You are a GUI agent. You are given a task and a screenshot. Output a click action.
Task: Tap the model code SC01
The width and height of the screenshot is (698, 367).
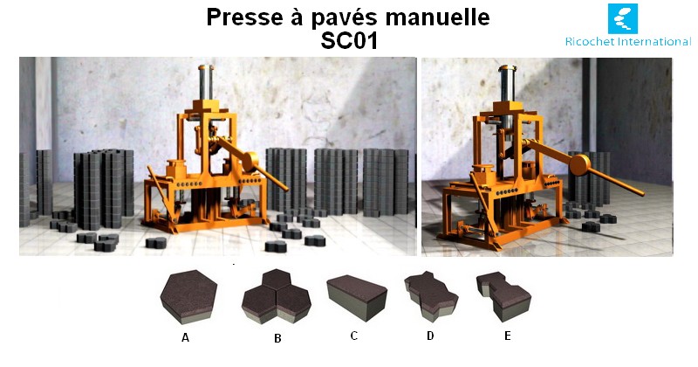(349, 40)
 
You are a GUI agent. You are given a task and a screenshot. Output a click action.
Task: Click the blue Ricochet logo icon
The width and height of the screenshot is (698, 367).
(623, 18)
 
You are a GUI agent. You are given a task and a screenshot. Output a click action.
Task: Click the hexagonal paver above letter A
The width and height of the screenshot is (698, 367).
(188, 296)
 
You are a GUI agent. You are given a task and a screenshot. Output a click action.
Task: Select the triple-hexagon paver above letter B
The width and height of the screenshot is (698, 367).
(277, 296)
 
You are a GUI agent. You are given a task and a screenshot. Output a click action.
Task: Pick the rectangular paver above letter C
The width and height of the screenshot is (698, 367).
(357, 297)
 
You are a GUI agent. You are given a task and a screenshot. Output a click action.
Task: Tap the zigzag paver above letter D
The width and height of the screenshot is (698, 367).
(431, 296)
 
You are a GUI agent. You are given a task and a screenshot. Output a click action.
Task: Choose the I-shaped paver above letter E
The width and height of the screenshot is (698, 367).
(503, 296)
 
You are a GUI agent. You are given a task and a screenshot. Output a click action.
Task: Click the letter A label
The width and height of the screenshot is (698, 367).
(185, 338)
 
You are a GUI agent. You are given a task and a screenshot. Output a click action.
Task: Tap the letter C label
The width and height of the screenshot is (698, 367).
(354, 336)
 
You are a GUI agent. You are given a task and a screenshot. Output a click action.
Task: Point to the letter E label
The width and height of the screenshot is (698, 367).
(508, 336)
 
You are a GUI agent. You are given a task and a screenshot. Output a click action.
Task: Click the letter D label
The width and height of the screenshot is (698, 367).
(430, 336)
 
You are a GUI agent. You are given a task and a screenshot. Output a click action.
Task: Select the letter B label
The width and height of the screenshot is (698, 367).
(277, 338)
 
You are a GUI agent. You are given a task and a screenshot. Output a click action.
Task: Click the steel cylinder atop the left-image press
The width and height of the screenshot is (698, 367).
(206, 82)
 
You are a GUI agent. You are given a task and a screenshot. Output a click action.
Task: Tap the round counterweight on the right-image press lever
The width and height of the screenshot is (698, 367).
(579, 164)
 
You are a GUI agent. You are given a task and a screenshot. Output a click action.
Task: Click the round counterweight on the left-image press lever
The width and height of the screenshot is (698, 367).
(250, 162)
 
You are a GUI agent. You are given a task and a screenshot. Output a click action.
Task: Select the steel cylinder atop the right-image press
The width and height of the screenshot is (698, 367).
(507, 84)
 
